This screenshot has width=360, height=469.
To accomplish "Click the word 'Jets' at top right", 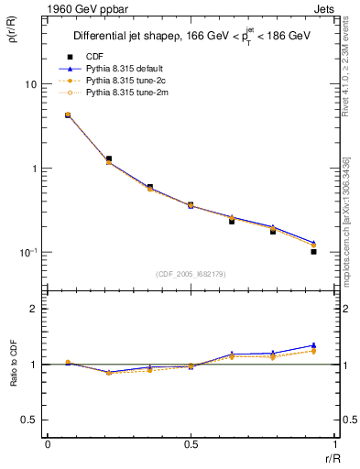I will point(325,8).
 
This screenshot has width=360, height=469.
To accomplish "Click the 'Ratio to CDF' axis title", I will point(14,364).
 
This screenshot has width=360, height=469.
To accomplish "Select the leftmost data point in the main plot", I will point(68,115).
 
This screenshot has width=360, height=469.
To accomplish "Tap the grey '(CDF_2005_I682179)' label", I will point(191,273).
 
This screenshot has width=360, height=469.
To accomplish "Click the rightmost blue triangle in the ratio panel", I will point(313,345).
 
